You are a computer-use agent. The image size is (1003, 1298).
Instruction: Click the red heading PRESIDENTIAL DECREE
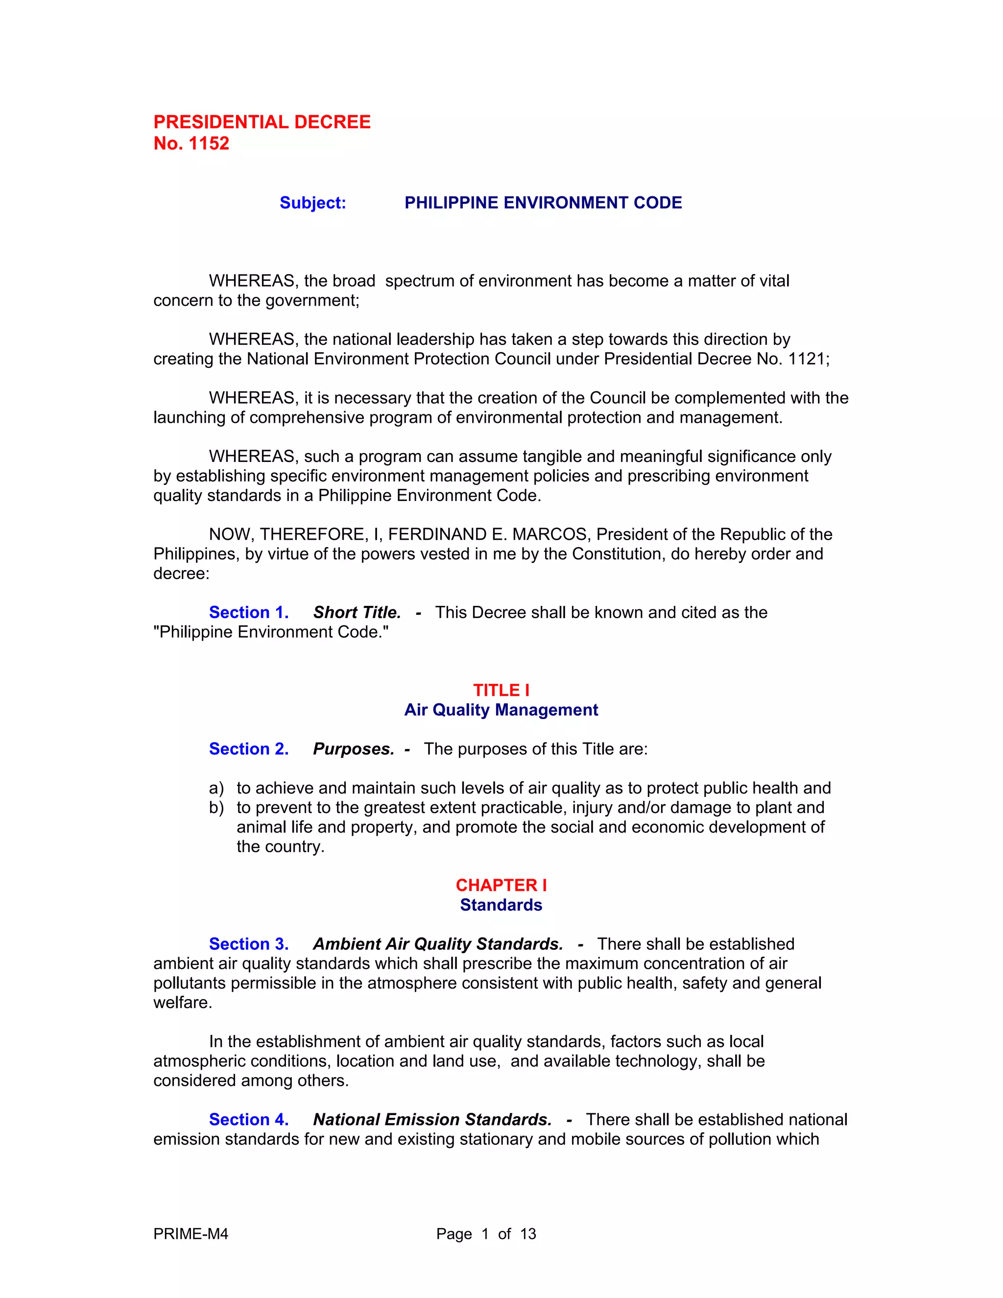click(262, 122)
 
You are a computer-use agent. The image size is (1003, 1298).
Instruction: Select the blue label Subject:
click(312, 203)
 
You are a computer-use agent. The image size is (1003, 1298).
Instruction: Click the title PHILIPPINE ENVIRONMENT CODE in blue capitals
click(543, 203)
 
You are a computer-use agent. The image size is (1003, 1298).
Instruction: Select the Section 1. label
click(248, 612)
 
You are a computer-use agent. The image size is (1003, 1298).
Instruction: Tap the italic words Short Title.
click(357, 612)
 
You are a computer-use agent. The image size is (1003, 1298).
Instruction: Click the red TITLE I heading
click(501, 690)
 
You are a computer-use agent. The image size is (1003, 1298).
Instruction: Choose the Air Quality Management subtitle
click(501, 710)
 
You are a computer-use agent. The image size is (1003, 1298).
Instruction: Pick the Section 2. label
click(248, 749)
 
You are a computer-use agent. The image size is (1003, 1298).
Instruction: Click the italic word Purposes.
click(354, 749)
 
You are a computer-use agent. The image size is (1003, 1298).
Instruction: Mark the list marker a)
click(216, 788)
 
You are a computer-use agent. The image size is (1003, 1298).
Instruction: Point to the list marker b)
click(216, 808)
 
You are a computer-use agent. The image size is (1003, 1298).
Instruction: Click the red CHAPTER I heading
click(501, 885)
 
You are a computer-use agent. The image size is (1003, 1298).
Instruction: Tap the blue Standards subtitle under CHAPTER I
click(501, 905)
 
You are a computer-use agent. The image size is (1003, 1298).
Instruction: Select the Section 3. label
click(248, 944)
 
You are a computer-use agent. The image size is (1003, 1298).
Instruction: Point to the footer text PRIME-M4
click(191, 1234)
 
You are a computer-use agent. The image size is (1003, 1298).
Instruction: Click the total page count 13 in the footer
click(527, 1234)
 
